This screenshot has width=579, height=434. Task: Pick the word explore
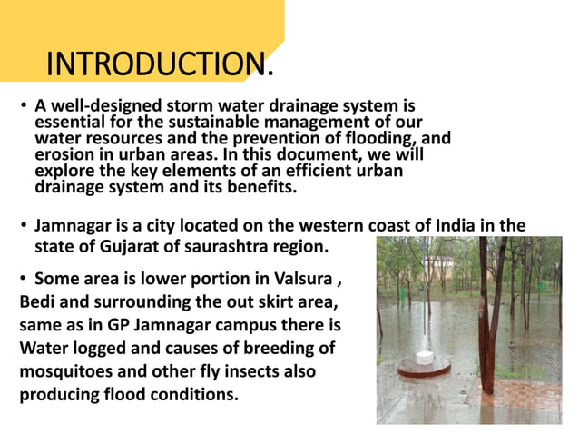65,171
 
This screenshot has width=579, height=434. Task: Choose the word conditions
192,395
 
